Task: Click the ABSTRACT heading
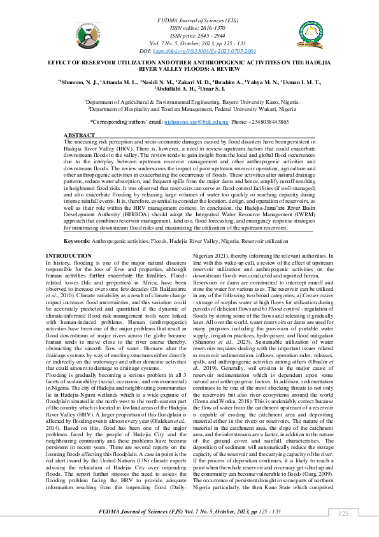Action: click(x=81, y=136)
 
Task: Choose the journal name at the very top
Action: click(x=189, y=22)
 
